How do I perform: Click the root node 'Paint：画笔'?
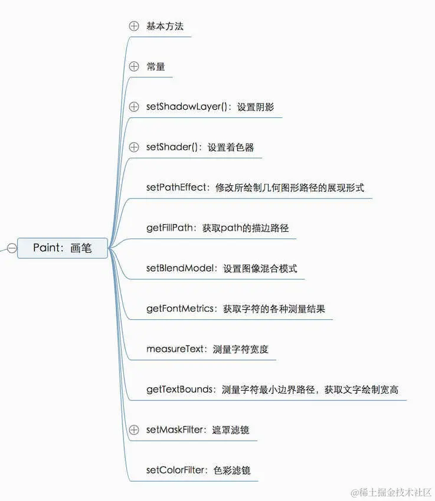63,248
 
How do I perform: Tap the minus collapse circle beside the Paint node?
11,248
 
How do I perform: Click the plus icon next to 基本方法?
134,26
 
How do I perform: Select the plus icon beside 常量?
134,67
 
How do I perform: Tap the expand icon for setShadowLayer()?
134,107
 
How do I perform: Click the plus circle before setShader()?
134,147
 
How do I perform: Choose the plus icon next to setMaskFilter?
134,430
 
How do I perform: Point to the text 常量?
156,67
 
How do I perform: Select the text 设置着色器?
231,147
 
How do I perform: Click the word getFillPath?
169,228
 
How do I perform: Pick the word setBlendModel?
179,268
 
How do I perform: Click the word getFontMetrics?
179,309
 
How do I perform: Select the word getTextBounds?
179,389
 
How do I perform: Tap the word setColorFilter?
175,470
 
